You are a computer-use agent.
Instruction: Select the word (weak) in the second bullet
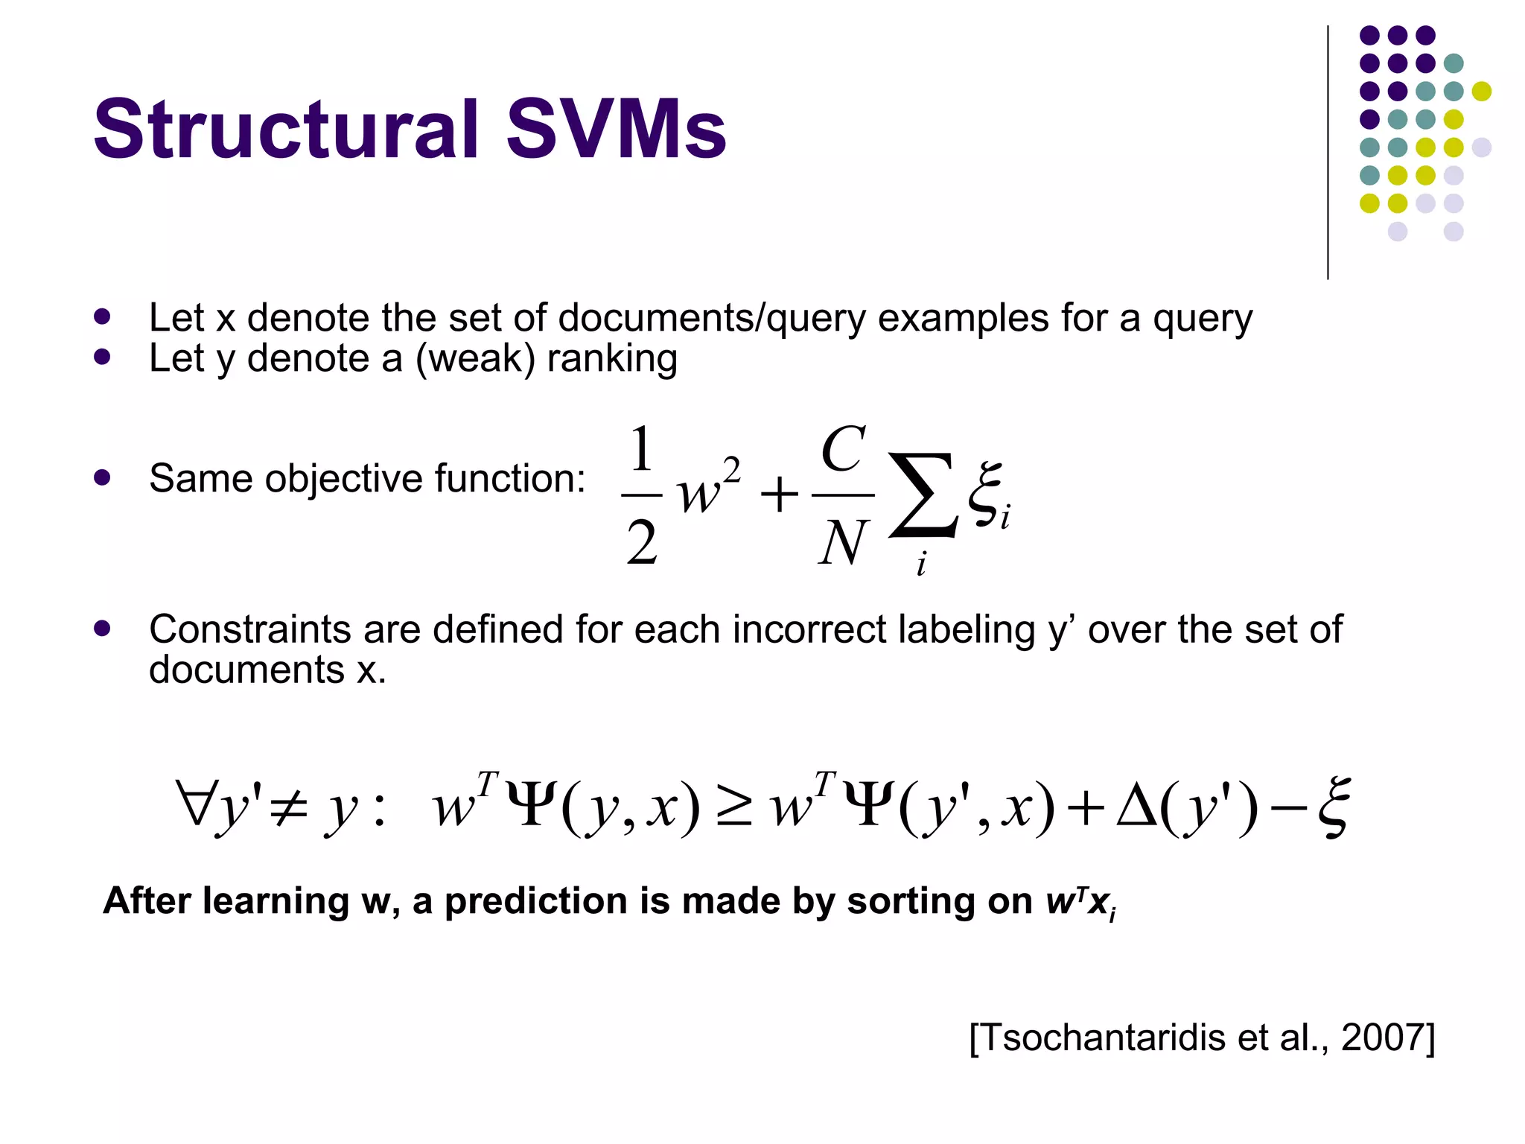pyautogui.click(x=475, y=359)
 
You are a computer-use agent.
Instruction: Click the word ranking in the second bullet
pyautogui.click(x=612, y=359)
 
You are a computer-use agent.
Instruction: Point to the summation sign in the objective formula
pyautogui.click(x=923, y=495)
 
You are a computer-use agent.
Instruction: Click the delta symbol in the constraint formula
pyautogui.click(x=1136, y=807)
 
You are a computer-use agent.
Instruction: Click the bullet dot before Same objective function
pyautogui.click(x=103, y=478)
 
